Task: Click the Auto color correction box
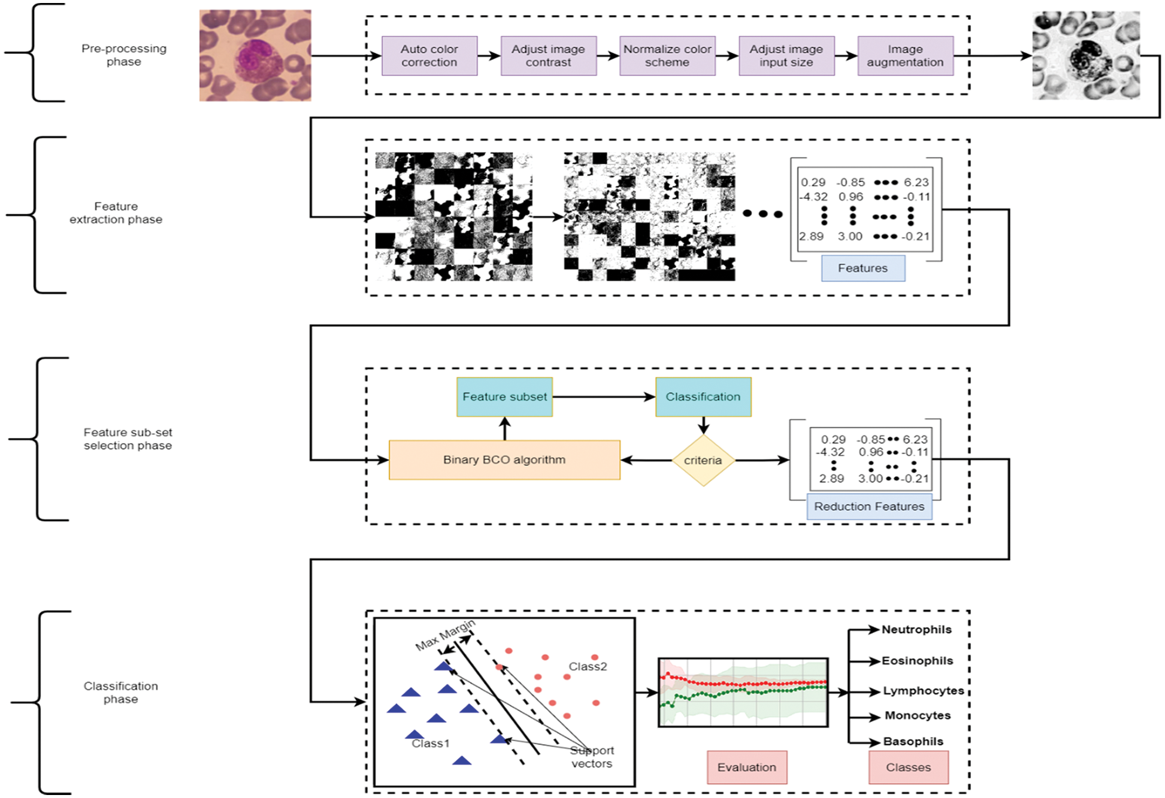tap(429, 56)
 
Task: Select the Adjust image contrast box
tap(548, 56)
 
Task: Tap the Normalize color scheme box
tap(667, 56)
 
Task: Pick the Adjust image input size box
tap(786, 56)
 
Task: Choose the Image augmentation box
tap(905, 56)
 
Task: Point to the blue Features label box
tap(863, 268)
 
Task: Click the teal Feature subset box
tap(504, 397)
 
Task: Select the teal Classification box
tap(703, 397)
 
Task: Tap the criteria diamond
tap(703, 460)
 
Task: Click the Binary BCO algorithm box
tap(504, 460)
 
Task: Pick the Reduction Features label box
tap(869, 507)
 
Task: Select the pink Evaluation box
tap(747, 767)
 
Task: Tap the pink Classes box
tap(908, 767)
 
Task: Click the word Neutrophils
tap(916, 630)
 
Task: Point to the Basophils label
tap(913, 742)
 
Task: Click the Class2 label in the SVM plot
tap(588, 667)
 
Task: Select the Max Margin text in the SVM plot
tap(445, 636)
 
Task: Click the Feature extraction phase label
tap(116, 213)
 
